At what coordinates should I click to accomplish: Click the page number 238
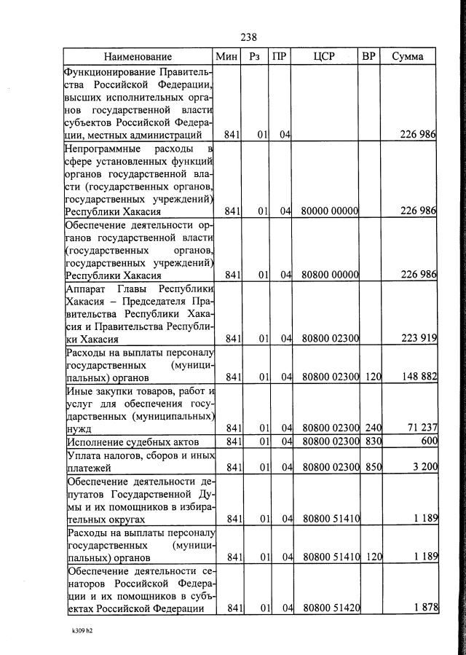coord(248,36)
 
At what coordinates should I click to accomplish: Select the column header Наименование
coord(138,57)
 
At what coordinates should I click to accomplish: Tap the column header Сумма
coord(408,57)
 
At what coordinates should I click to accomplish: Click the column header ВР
coord(369,57)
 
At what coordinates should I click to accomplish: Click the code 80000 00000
coord(331,211)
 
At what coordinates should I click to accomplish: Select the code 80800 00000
coord(331,275)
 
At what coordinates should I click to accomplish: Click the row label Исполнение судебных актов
coord(126,442)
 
